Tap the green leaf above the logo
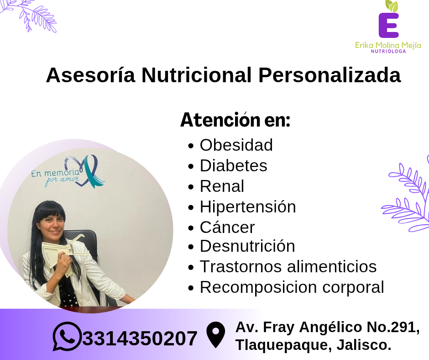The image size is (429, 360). (392, 6)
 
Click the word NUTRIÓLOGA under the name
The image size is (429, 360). (388, 51)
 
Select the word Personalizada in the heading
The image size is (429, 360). (330, 75)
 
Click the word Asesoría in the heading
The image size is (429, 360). (90, 75)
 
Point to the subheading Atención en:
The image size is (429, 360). (235, 120)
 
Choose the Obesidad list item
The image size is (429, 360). (236, 145)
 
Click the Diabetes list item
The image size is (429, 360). (233, 165)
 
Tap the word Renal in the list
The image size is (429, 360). (222, 186)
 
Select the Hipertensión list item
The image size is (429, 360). (248, 206)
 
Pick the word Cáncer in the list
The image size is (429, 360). (227, 227)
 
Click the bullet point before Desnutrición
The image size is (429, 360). (191, 247)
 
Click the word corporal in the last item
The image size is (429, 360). (353, 288)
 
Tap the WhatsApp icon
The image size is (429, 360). (67, 336)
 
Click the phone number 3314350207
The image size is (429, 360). (140, 339)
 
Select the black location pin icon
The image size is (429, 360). (215, 335)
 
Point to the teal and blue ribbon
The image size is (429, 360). (93, 171)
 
